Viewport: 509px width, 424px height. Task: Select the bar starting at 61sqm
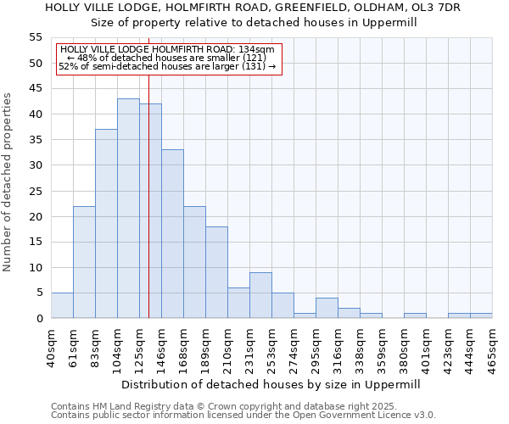[x=84, y=262]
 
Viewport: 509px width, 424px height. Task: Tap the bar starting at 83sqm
[x=106, y=224]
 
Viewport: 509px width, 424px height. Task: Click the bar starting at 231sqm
[x=260, y=295]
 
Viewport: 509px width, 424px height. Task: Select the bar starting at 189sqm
[x=216, y=272]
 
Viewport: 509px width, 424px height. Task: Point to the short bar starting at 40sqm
[x=62, y=305]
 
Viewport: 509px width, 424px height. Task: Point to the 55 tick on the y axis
[x=36, y=37]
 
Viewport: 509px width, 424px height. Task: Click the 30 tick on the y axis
[x=36, y=165]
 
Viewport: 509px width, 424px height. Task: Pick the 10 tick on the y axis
[x=36, y=267]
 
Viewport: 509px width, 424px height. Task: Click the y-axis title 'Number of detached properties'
[x=8, y=181]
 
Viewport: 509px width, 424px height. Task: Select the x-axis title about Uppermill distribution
[x=271, y=384]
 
